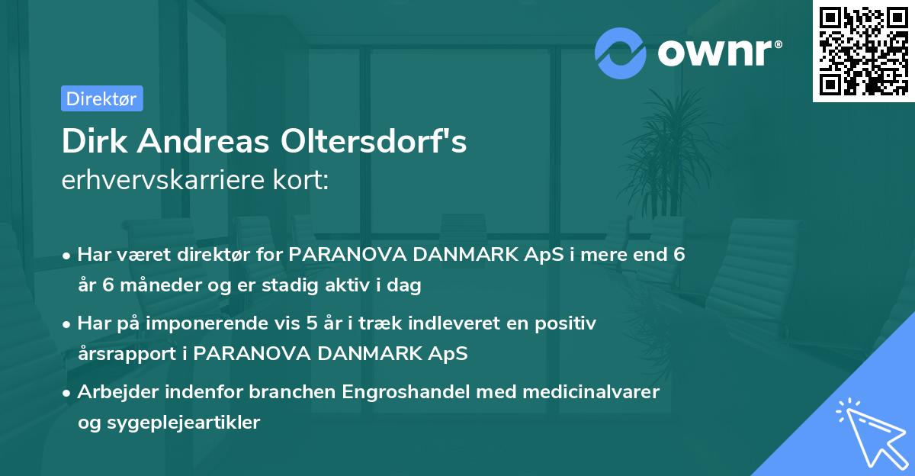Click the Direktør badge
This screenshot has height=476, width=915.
point(101,98)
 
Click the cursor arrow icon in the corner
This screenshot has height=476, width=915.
point(868,431)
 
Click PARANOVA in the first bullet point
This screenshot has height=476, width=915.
point(339,255)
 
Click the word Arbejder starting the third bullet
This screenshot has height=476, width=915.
point(113,392)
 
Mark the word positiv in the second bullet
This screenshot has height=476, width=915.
point(566,323)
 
